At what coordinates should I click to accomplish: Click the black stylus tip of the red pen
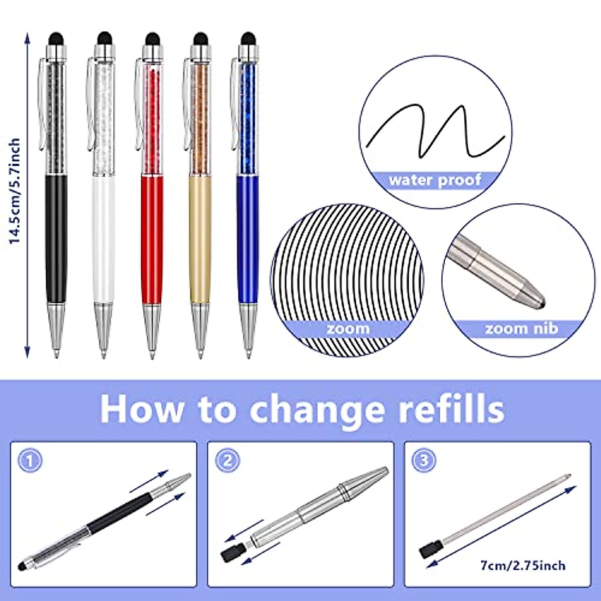click(x=153, y=38)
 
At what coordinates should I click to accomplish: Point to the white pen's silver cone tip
click(x=104, y=331)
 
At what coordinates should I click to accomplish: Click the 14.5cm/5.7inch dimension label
click(x=15, y=191)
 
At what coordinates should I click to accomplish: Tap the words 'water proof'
click(x=435, y=180)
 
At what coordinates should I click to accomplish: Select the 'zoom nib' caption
click(x=521, y=329)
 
